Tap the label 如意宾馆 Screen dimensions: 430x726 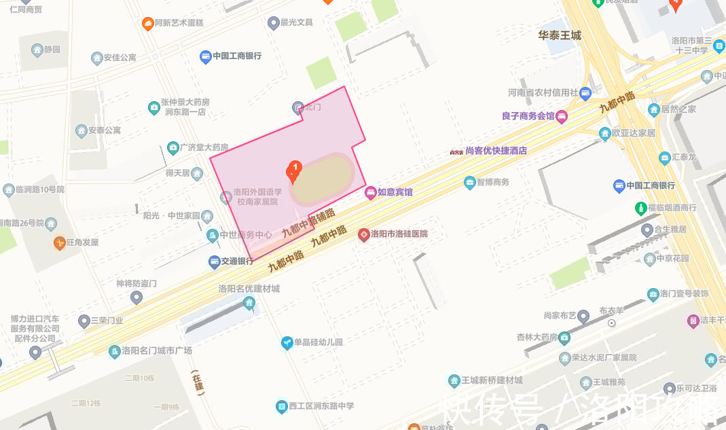point(395,192)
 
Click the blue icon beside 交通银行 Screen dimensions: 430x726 point(214,262)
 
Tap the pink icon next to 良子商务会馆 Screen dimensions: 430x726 point(562,117)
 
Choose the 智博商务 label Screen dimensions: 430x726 point(492,182)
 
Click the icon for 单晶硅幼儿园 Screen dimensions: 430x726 point(287,343)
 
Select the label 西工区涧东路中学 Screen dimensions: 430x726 point(321,406)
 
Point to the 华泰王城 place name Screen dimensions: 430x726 point(560,35)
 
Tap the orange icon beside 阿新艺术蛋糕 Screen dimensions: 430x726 point(147,24)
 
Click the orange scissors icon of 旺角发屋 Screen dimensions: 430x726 point(60,243)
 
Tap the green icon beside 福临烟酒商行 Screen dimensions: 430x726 point(640,207)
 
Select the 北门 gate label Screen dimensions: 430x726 point(312,107)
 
